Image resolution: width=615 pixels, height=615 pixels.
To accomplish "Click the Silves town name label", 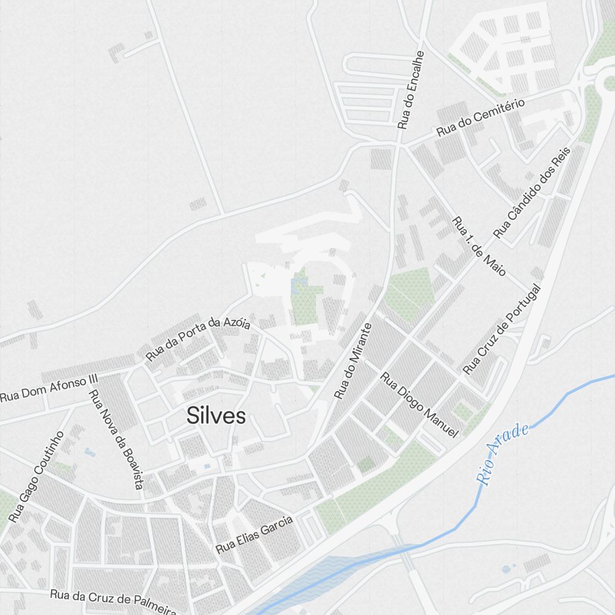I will [216, 416].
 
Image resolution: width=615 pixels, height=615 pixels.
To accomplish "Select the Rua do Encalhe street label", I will [411, 90].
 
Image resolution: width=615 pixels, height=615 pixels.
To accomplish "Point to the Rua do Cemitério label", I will [480, 117].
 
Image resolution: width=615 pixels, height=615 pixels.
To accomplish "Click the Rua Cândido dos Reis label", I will [533, 192].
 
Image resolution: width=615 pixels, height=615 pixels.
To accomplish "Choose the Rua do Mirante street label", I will [353, 361].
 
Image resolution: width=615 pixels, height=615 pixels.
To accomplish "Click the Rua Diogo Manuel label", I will [420, 405].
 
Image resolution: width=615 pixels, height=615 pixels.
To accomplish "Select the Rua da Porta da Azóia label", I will [198, 338].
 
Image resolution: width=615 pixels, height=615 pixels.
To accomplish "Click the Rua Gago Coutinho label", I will [36, 477].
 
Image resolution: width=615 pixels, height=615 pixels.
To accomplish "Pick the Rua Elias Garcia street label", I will [254, 534].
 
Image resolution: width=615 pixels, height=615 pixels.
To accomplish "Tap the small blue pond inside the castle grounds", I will [300, 284].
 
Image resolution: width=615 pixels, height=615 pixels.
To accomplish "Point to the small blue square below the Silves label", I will [206, 467].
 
